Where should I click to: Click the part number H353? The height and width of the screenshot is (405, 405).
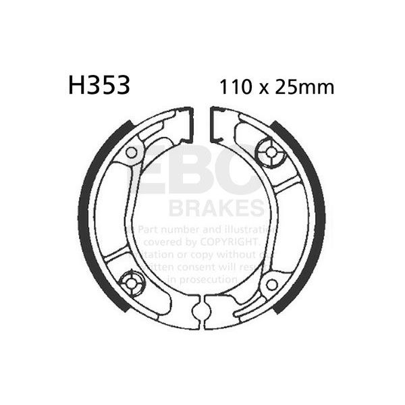point(98,86)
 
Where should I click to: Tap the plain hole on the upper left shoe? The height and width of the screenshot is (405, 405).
point(131,153)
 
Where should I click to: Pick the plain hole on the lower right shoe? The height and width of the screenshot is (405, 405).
point(271,284)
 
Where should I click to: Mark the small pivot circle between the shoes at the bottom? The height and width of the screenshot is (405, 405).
point(199,311)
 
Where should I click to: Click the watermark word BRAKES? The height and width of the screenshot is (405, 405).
point(216,205)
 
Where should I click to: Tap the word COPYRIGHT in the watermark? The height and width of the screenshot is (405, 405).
point(227,241)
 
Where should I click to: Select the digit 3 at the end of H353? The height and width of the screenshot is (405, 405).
point(122,86)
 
